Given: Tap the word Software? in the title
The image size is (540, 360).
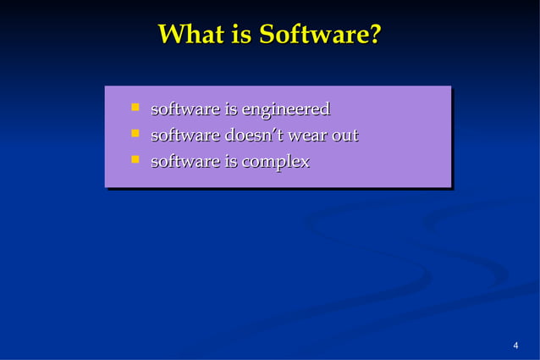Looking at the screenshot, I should pos(320,36).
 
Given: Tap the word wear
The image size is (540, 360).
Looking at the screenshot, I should pos(310,136).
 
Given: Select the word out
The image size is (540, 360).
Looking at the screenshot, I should pos(345,136).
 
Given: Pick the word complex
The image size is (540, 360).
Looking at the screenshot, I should pos(276,162).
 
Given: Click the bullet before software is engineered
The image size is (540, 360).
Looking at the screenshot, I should pos(134,108).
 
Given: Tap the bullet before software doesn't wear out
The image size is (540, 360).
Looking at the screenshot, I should pos(134,133).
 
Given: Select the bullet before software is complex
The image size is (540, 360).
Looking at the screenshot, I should pos(134,158).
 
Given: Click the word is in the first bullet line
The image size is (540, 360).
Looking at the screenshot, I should pos(230,110).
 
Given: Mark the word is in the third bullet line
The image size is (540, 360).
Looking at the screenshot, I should pos(230,161).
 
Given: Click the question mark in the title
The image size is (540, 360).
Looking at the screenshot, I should pos(375,36).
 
